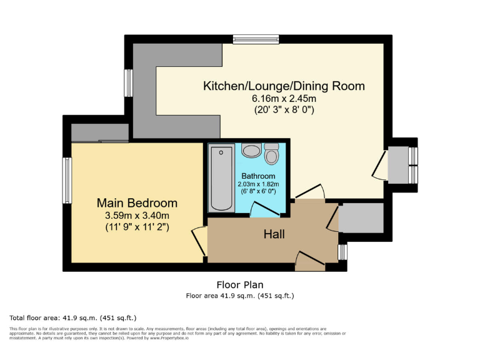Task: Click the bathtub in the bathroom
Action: pyautogui.click(x=221, y=178)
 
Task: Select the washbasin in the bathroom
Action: pyautogui.click(x=252, y=151)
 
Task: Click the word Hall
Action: pyautogui.click(x=274, y=234)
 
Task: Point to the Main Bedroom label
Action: pyautogui.click(x=137, y=203)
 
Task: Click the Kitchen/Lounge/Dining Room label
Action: pyautogui.click(x=284, y=86)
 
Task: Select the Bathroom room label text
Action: pyautogui.click(x=258, y=176)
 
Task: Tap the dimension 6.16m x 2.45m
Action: pyautogui.click(x=284, y=99)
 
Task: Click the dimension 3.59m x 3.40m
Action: pyautogui.click(x=137, y=216)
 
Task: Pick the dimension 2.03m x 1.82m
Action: pyautogui.click(x=258, y=184)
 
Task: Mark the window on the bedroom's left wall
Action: pyautogui.click(x=66, y=180)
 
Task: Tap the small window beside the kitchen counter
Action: pyautogui.click(x=128, y=83)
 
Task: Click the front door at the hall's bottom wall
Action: pyautogui.click(x=310, y=261)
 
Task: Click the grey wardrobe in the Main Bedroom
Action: pyautogui.click(x=99, y=132)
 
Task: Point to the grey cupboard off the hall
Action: pyautogui.click(x=361, y=217)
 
